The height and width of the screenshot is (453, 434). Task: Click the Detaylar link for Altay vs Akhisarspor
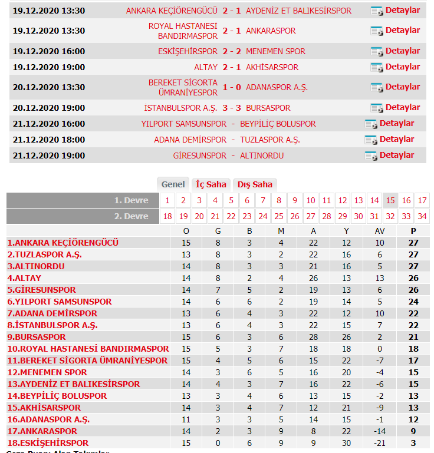coord(402,67)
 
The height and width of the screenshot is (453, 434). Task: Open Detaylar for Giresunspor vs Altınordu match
coord(396,156)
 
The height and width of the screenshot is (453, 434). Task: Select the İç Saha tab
coord(211,184)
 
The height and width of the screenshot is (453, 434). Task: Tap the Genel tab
coord(173,184)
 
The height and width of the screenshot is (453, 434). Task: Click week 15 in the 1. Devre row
coord(390,201)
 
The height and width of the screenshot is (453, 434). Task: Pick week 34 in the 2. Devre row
coord(422,216)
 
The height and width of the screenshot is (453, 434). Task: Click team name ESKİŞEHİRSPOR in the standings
coord(48,443)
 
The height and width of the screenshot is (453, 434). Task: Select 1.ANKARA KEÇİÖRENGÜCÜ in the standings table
coord(63,243)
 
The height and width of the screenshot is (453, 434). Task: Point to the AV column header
coord(380,231)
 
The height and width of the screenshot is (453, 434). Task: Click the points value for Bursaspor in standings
coord(413,337)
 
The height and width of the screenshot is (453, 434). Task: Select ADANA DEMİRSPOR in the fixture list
coord(190,140)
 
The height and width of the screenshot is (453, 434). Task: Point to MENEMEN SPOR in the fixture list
coord(275,51)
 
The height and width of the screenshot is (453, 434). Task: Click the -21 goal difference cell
coord(380,443)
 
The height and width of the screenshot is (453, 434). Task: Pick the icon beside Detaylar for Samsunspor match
coord(370,124)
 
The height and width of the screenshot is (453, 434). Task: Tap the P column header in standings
coord(413,231)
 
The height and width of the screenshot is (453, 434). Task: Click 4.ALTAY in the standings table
coord(24,278)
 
